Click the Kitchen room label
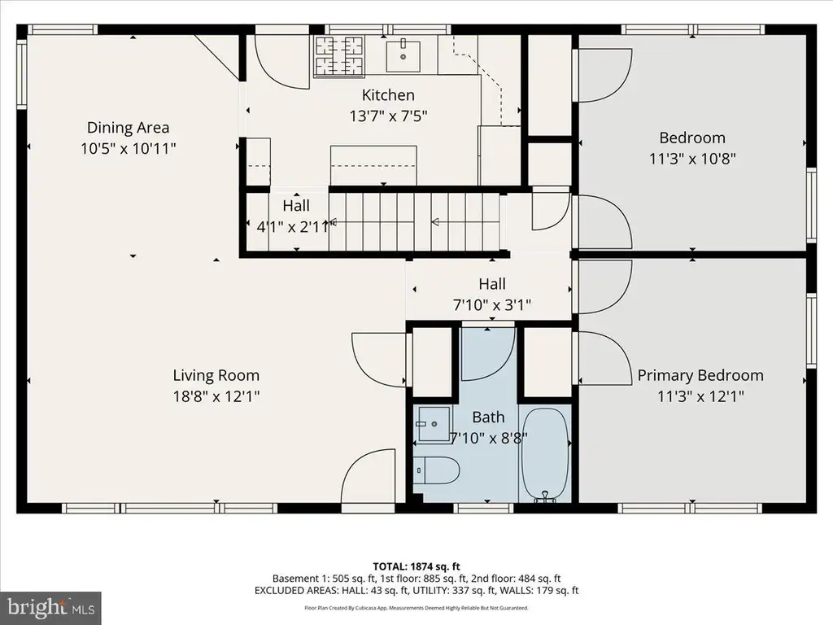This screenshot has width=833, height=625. coord(388,95)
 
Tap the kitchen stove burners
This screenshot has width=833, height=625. coord(340,56)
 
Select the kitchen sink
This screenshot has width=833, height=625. coord(403,55)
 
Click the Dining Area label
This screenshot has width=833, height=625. coord(128,128)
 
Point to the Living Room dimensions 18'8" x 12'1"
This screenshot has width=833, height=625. coord(216,396)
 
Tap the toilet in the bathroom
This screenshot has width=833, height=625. coord(436,470)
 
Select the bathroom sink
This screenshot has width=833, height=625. coord(433,424)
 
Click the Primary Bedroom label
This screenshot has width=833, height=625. coord(700,375)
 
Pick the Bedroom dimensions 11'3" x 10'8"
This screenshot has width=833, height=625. coord(692,159)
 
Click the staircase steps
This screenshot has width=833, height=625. coord(414,221)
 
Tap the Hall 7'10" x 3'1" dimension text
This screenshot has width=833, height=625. coord(492,305)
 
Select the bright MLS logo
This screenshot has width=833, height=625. coord(50,607)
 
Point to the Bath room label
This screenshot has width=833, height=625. coord(488,417)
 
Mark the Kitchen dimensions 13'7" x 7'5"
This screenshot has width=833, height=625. coord(388,116)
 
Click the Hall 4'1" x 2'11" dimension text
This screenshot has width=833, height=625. coord(296,227)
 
